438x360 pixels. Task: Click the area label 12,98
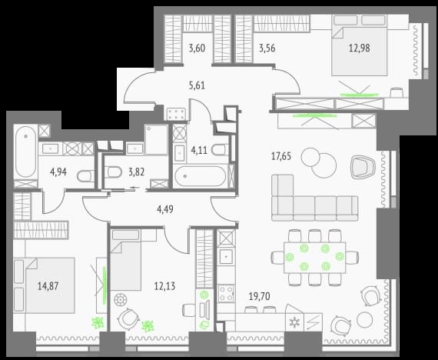pyautogui.click(x=359, y=48)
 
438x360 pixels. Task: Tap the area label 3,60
pyautogui.click(x=197, y=48)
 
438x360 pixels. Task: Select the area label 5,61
pyautogui.click(x=197, y=85)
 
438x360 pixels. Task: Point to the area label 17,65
pyautogui.click(x=281, y=156)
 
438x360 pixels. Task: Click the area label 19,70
pyautogui.click(x=260, y=296)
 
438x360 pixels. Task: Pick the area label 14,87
pyautogui.click(x=48, y=286)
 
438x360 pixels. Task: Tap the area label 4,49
pyautogui.click(x=165, y=209)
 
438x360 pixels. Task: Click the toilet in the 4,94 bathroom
pyautogui.click(x=85, y=176)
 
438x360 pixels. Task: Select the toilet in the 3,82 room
pyautogui.click(x=113, y=172)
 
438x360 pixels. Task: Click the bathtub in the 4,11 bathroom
pyautogui.click(x=201, y=176)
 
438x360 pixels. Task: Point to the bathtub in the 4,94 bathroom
pyautogui.click(x=25, y=152)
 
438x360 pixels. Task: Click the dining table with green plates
pyautogui.click(x=314, y=258)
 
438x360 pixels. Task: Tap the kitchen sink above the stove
pyautogui.click(x=226, y=256)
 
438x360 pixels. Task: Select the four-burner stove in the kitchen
pyautogui.click(x=226, y=293)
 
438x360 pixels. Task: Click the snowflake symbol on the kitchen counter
pyautogui.click(x=294, y=323)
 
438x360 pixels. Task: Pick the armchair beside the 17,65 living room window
pyautogui.click(x=363, y=167)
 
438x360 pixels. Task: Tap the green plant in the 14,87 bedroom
pyautogui.click(x=98, y=323)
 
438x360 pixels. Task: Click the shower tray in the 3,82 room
pyautogui.click(x=156, y=140)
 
